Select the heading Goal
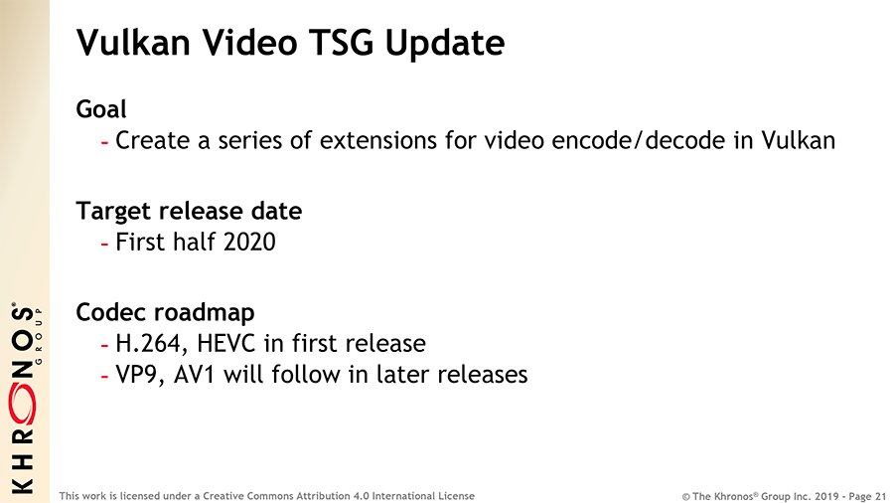click(101, 109)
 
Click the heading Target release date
click(189, 211)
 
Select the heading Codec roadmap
click(165, 312)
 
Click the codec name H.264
click(151, 343)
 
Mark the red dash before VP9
click(104, 377)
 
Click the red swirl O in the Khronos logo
click(22, 405)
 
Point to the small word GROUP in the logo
click(39, 335)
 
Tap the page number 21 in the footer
click(880, 496)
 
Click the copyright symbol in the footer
click(685, 497)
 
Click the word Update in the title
click(445, 44)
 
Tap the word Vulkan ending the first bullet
click(799, 140)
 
